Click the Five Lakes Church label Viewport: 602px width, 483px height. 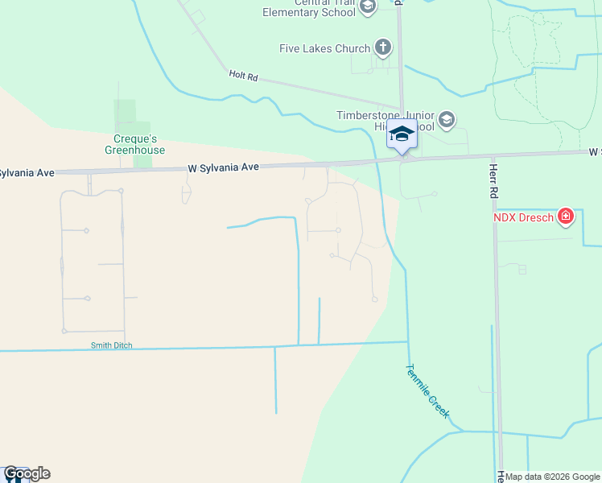pyautogui.click(x=324, y=49)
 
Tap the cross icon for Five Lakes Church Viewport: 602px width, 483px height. pyautogui.click(x=382, y=48)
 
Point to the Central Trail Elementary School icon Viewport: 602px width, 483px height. pyautogui.click(x=368, y=8)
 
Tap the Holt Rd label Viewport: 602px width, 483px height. pyautogui.click(x=242, y=76)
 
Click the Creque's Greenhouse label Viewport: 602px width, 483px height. pyautogui.click(x=134, y=145)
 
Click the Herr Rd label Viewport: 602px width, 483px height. pyautogui.click(x=493, y=182)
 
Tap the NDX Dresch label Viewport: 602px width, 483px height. pyautogui.click(x=523, y=217)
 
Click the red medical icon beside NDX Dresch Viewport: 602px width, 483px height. pyautogui.click(x=566, y=216)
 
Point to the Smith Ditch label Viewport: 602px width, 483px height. pyautogui.click(x=111, y=346)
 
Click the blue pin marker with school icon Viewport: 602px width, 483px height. pyautogui.click(x=402, y=134)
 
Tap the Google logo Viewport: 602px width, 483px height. pyautogui.click(x=26, y=473)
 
